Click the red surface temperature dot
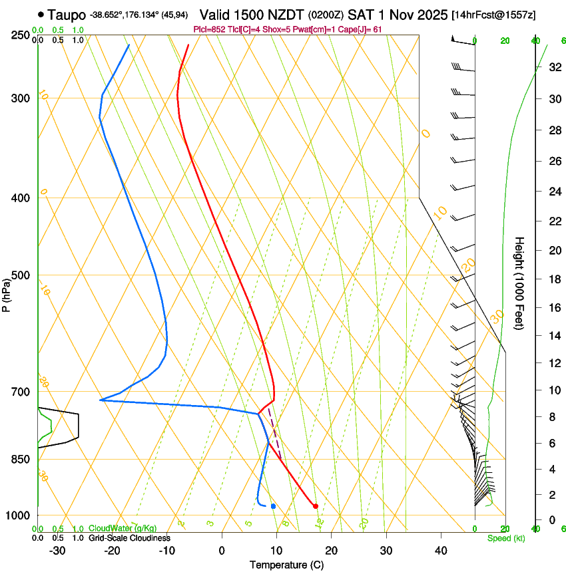(316, 506)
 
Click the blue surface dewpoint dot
(273, 506)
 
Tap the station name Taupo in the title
(67, 14)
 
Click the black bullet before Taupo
(41, 14)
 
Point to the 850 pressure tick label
(20, 460)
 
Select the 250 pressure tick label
(20, 35)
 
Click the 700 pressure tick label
(20, 392)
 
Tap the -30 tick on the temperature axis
(57, 551)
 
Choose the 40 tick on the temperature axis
(441, 551)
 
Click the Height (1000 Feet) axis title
(520, 283)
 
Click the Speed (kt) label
(506, 538)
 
